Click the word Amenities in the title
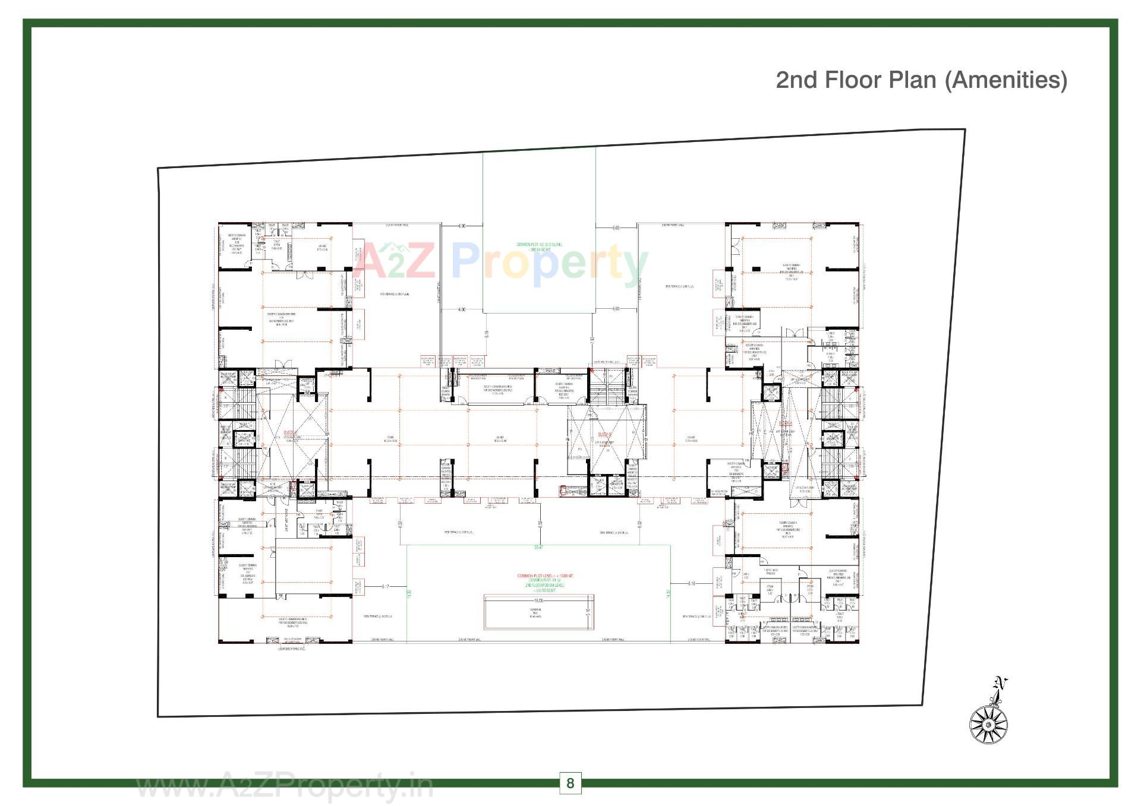pos(1006,80)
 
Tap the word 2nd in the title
pos(797,80)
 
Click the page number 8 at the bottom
pos(570,783)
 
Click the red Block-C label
pos(290,432)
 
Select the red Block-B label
pos(605,433)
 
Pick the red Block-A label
pos(786,423)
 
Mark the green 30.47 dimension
pos(538,547)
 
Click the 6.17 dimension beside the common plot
pos(386,587)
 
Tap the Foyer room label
pos(390,440)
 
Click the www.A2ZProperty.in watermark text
pos(285,788)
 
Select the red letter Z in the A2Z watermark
pos(416,262)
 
